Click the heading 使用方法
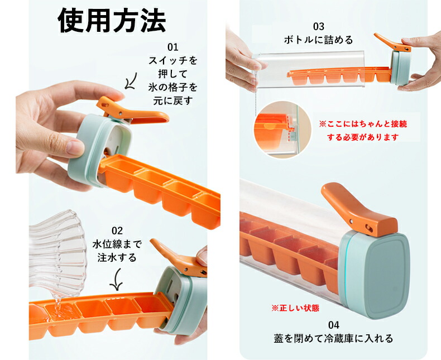112,20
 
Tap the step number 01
173,47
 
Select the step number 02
117,231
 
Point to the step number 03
319,26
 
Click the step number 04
334,325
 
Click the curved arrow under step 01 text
132,81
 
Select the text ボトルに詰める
318,40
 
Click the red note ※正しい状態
295,308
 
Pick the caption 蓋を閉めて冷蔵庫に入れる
333,338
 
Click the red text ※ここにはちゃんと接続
363,124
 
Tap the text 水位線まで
117,244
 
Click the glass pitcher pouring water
57,252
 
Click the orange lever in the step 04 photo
360,209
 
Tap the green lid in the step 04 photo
374,274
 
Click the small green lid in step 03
400,68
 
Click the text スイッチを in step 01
173,60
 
